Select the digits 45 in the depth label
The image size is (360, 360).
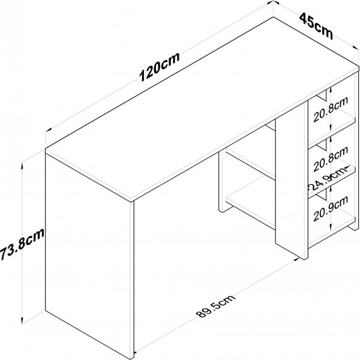click(x=308, y=22)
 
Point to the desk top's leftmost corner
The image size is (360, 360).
click(x=46, y=148)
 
